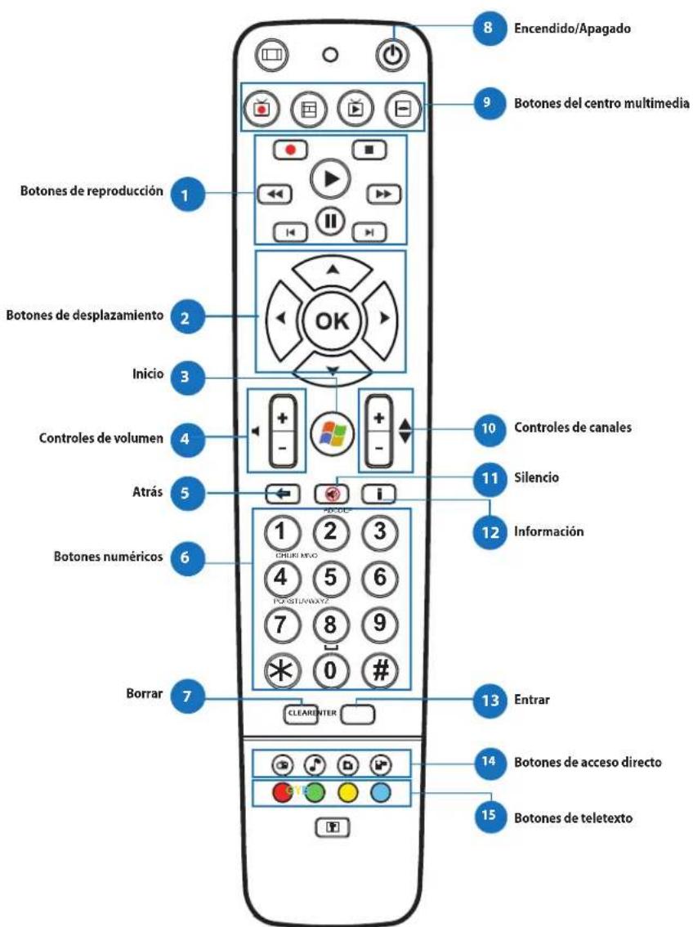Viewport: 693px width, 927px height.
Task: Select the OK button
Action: tap(332, 320)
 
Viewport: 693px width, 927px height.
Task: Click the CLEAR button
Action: tap(297, 714)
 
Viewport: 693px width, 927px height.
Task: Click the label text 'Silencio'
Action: tap(535, 477)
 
